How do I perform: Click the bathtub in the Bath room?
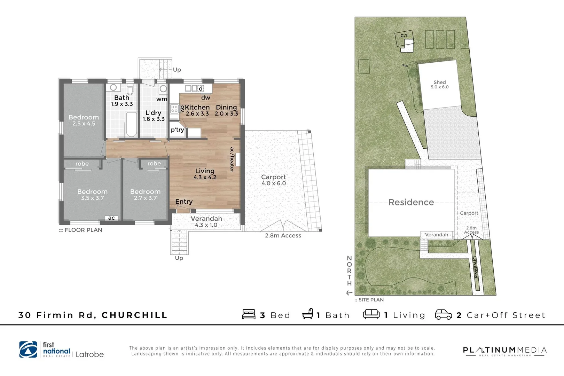point(131,124)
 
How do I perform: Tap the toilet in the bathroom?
point(130,90)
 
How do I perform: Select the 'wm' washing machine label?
point(162,99)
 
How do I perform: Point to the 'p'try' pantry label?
point(177,130)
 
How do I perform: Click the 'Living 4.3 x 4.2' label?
point(205,174)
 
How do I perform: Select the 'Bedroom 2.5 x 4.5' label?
point(84,120)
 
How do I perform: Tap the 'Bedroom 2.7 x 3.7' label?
point(145,195)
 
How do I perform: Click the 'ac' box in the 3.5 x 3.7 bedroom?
point(111,218)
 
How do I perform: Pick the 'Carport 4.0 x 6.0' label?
point(273,180)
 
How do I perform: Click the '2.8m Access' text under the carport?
point(283,236)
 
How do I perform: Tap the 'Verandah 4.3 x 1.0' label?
point(206,221)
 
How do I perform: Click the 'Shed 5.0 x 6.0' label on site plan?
point(439,85)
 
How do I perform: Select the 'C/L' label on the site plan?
point(404,36)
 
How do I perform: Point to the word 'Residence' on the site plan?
point(411,202)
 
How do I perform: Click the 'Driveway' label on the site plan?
point(475,267)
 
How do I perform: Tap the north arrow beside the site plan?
point(349,293)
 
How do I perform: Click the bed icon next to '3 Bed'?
point(249,314)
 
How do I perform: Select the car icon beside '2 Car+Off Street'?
point(443,314)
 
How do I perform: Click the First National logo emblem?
point(28,350)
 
